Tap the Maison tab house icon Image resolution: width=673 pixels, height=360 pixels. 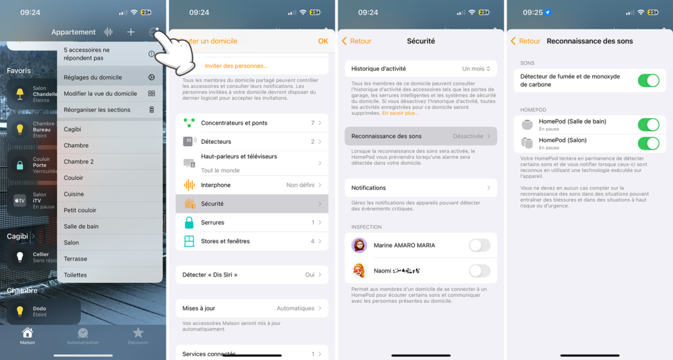(28, 333)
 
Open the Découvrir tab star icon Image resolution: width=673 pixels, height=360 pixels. (138, 333)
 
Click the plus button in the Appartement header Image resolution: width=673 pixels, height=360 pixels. (131, 32)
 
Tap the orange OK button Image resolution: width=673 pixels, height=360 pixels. (323, 41)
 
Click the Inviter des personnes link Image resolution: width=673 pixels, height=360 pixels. (237, 66)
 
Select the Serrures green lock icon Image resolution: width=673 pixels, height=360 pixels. (189, 223)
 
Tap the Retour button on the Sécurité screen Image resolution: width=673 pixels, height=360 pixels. (357, 41)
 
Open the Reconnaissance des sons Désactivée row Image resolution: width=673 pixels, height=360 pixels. (421, 136)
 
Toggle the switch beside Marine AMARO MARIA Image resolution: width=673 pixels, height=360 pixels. (479, 246)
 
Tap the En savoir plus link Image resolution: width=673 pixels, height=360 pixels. (400, 113)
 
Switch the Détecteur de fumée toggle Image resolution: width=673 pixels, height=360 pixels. (648, 80)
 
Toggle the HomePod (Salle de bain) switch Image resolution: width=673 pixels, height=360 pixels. (648, 125)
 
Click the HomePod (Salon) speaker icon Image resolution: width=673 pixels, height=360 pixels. (527, 143)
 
